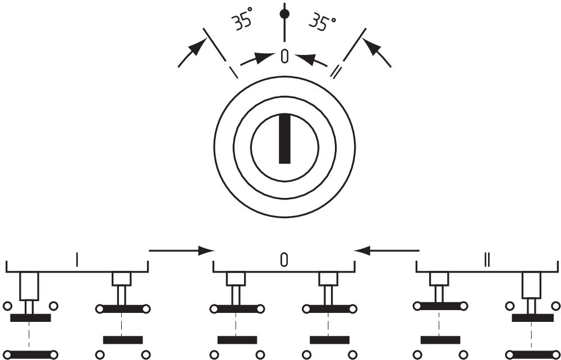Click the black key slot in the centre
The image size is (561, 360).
pyautogui.click(x=285, y=139)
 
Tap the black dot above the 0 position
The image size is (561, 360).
pyautogui.click(x=285, y=13)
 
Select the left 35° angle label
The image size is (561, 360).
pyautogui.click(x=241, y=21)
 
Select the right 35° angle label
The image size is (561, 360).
pyautogui.click(x=323, y=24)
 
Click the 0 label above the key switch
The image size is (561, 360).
pyautogui.click(x=285, y=56)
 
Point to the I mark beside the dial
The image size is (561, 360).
pyautogui.click(x=233, y=72)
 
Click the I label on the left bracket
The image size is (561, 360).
pyautogui.click(x=77, y=259)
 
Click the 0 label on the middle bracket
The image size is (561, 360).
pyautogui.click(x=284, y=259)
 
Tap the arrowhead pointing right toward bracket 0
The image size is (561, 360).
pyautogui.click(x=207, y=251)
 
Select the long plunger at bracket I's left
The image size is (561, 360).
pyautogui.click(x=29, y=286)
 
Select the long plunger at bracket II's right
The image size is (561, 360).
pyautogui.click(x=531, y=285)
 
